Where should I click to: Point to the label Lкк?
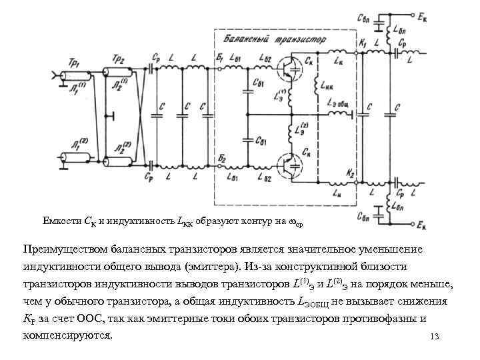coord(327,86)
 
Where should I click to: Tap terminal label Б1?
coord(219,58)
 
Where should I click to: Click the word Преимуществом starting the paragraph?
coord(62,249)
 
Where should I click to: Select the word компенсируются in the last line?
coord(67,335)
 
